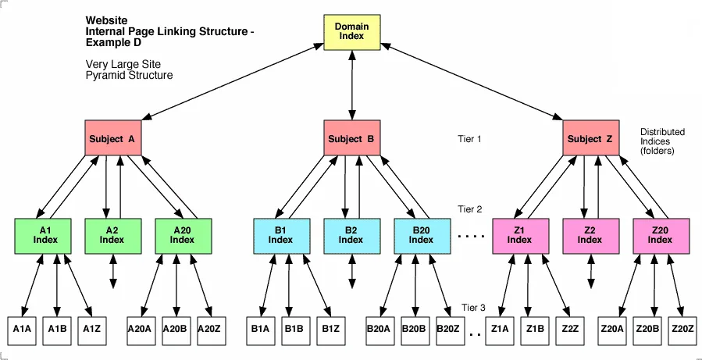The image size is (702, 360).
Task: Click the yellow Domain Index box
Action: (351, 32)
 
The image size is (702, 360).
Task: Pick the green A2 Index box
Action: (112, 235)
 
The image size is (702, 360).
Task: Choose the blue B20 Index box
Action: (421, 235)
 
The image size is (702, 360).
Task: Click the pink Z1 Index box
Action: (519, 235)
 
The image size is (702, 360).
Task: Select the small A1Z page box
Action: (92, 330)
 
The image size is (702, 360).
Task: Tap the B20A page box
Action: (378, 330)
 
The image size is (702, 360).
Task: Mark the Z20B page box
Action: (647, 330)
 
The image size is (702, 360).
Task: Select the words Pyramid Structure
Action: (129, 75)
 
